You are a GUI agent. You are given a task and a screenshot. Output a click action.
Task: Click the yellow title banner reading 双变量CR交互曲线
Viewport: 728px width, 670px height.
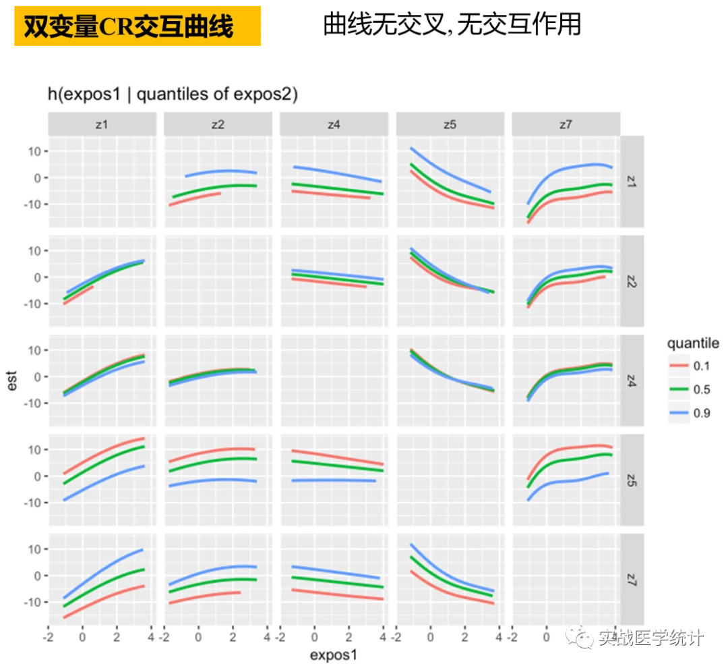click(x=137, y=27)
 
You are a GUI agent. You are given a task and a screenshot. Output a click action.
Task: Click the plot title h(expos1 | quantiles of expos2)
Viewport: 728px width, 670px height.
click(x=173, y=94)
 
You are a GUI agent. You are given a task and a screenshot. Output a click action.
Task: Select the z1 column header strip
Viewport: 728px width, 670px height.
click(x=102, y=124)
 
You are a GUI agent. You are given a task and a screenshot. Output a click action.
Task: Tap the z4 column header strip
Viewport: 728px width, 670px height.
click(x=334, y=124)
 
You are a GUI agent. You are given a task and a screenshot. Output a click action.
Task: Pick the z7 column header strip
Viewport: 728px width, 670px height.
click(x=566, y=124)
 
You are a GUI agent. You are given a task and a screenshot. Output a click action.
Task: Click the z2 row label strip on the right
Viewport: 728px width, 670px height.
click(x=632, y=281)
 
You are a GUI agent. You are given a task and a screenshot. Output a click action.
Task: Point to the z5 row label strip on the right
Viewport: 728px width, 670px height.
click(x=632, y=480)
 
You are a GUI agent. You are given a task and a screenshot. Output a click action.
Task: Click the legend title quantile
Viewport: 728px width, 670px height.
click(x=692, y=343)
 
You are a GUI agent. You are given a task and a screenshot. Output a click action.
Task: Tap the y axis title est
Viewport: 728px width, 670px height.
click(x=13, y=383)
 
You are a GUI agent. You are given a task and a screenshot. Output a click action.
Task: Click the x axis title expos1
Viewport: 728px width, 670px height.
click(x=334, y=655)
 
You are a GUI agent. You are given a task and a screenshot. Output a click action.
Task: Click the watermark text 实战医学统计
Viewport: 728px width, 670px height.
click(x=650, y=638)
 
